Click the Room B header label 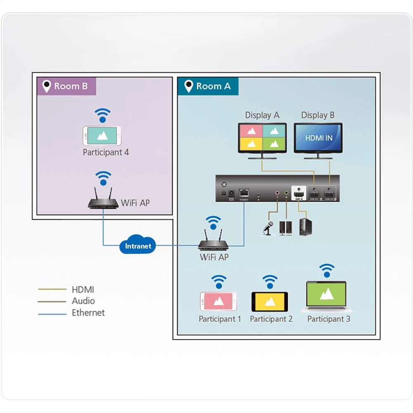coord(66,86)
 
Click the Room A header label coord(208,86)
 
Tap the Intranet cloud coord(138,246)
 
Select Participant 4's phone coord(102,135)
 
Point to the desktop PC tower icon coord(306,227)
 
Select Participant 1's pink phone coord(218,301)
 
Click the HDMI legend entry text coord(83,290)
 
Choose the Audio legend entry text coord(83,301)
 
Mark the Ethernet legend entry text coord(88,313)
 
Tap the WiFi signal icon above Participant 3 coord(328,271)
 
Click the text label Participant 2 coord(271,319)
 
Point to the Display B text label coord(318,115)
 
